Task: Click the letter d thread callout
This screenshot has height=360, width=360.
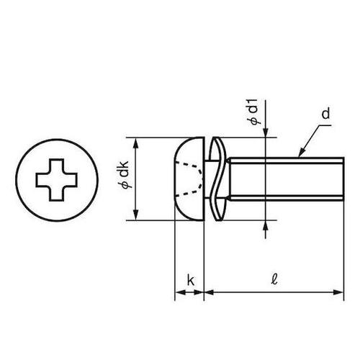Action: click(x=326, y=113)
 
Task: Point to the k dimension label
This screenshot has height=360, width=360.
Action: click(x=190, y=279)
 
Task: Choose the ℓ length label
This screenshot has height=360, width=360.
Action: click(x=274, y=279)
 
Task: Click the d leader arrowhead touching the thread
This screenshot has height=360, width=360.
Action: click(x=301, y=153)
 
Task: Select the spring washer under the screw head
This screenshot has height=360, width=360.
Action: click(x=214, y=178)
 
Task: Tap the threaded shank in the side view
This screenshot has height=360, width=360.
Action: click(x=281, y=178)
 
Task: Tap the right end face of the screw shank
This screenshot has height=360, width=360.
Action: click(x=341, y=178)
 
